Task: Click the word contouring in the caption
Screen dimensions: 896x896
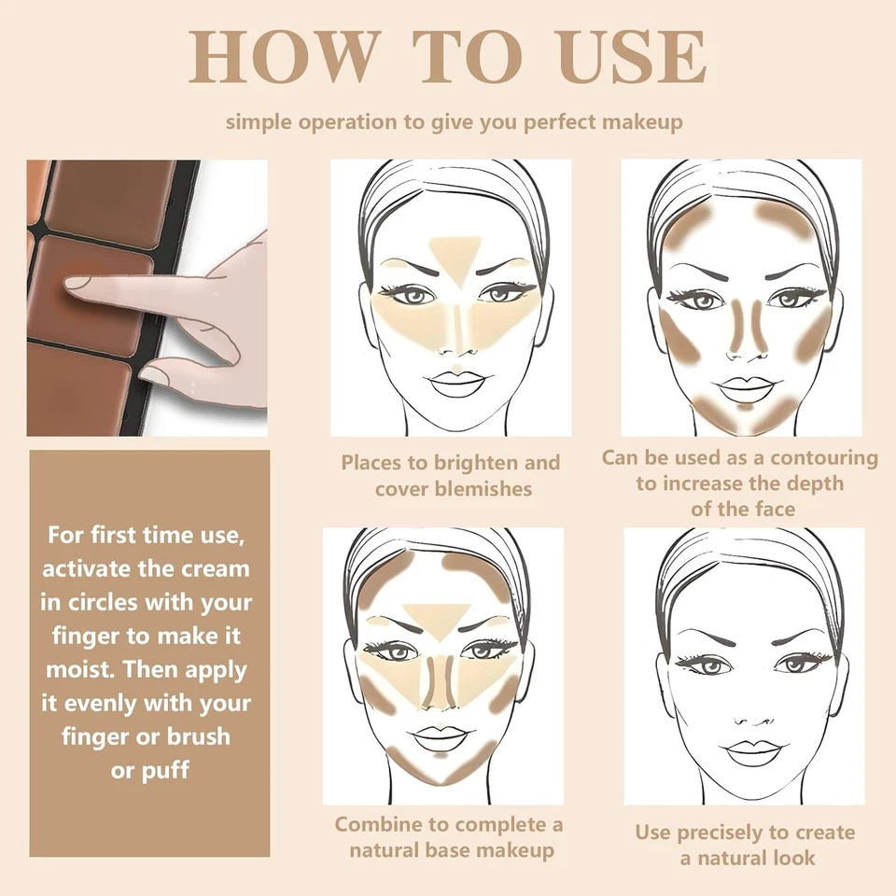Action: [813, 458]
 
